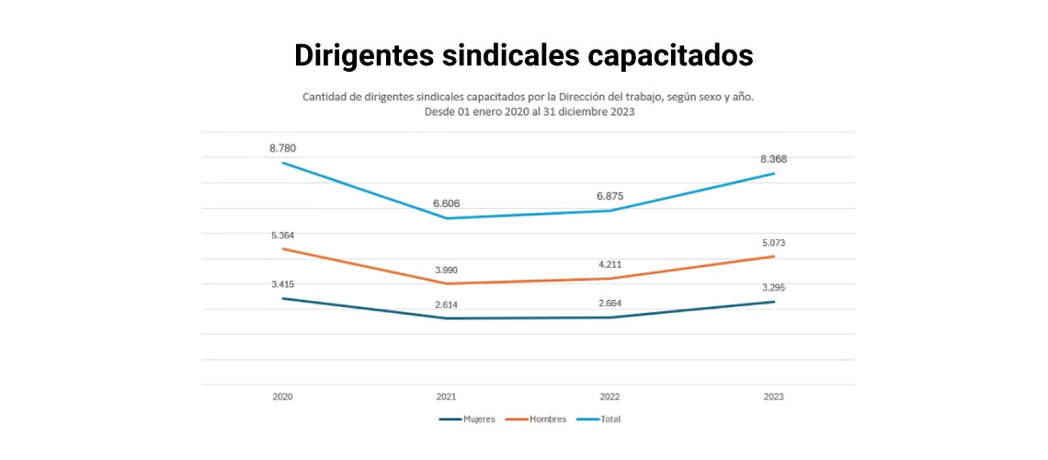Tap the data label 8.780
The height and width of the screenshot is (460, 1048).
[282, 148]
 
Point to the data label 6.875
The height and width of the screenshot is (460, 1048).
[609, 196]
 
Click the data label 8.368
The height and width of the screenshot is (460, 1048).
[773, 159]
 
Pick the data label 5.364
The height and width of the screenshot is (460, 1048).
[282, 236]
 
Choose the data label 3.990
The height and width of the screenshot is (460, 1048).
[446, 270]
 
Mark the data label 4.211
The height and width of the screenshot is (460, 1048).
[609, 264]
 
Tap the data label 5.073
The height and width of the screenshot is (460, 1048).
[773, 243]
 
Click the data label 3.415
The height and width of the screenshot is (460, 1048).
[282, 284]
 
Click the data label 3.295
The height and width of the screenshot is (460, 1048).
[773, 288]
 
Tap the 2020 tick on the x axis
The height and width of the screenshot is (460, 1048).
[282, 397]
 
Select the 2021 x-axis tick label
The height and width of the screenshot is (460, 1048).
[446, 397]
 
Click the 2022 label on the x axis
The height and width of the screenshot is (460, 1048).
[609, 397]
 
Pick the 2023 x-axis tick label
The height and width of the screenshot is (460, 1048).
[773, 397]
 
